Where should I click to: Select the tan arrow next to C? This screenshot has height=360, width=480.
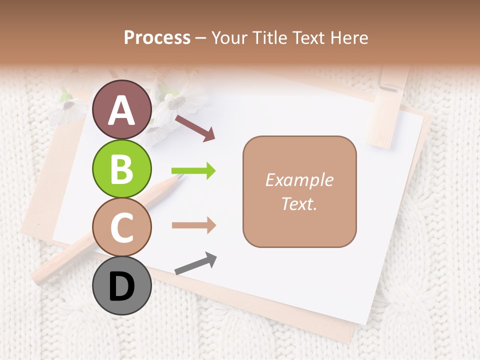194,225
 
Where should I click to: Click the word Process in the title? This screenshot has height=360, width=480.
157,37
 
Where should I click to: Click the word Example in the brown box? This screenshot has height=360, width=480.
299,180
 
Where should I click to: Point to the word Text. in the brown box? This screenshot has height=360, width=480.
299,204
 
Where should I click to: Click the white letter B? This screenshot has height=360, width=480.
121,169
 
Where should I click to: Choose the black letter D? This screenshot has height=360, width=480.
121,287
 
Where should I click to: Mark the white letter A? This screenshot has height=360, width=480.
121,110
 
